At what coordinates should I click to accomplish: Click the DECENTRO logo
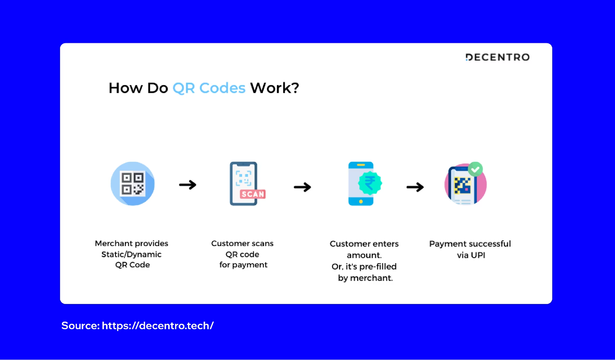click(497, 57)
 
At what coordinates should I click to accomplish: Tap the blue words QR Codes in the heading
click(209, 88)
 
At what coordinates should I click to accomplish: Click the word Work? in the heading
click(274, 88)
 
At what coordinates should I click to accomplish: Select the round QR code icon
click(133, 184)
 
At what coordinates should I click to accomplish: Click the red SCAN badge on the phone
click(253, 194)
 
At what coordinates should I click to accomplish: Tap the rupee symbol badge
click(370, 183)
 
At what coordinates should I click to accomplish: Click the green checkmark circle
click(475, 169)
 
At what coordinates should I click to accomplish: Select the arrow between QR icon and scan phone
click(188, 185)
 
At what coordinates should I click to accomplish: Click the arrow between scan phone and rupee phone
click(302, 187)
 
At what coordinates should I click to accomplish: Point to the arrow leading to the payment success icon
click(415, 187)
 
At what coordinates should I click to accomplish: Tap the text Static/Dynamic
click(131, 255)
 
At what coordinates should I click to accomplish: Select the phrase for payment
click(243, 265)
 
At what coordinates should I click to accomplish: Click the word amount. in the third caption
click(364, 255)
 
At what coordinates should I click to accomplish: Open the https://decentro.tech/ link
click(158, 326)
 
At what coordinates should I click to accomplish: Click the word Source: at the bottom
click(80, 326)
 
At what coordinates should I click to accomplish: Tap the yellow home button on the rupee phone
click(361, 202)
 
